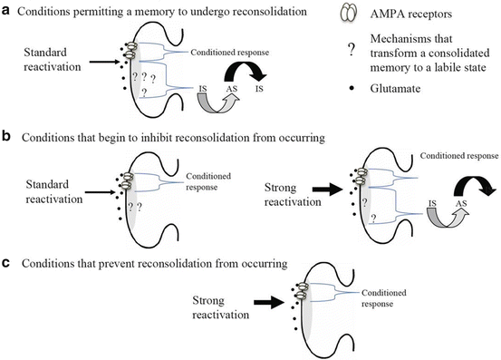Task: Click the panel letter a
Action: pyautogui.click(x=8, y=12)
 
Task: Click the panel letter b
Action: pyautogui.click(x=8, y=138)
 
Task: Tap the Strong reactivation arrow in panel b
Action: pyautogui.click(x=323, y=192)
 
